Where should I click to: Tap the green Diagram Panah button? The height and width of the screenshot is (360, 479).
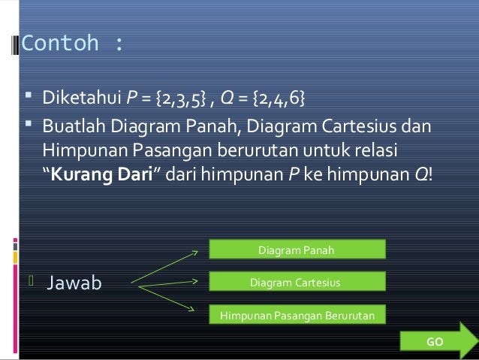click(x=296, y=250)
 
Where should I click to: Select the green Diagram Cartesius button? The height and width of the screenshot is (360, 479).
click(x=295, y=282)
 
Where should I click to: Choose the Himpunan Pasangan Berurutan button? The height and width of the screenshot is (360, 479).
click(x=295, y=315)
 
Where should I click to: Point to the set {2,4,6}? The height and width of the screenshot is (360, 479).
click(x=282, y=99)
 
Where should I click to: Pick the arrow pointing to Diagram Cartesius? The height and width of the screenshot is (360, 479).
click(x=170, y=283)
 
